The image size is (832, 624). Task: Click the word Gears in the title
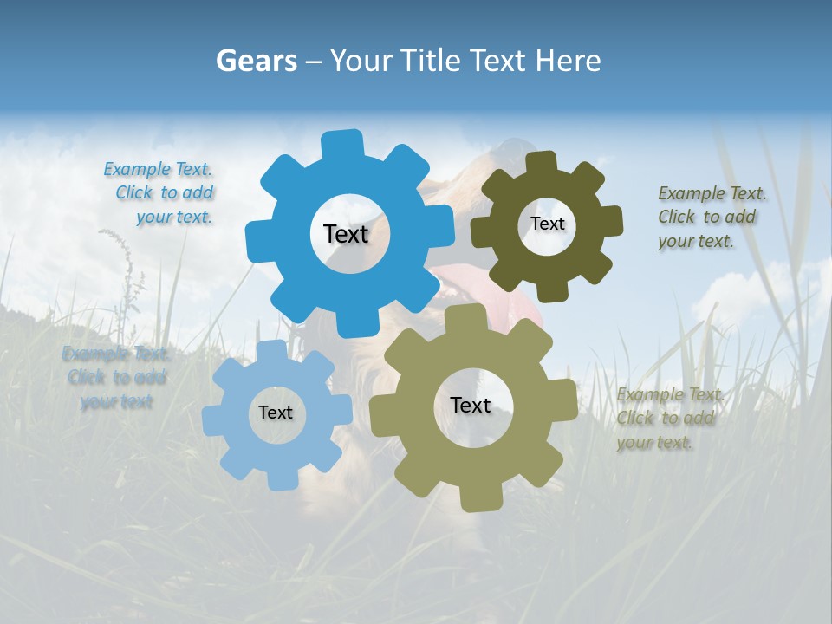point(256,61)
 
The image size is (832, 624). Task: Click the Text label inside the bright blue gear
point(346,234)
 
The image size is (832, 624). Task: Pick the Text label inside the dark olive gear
point(547,224)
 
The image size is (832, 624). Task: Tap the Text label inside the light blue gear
point(276,413)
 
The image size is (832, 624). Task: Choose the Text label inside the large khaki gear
point(471,405)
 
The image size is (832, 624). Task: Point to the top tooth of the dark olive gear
point(542,163)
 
